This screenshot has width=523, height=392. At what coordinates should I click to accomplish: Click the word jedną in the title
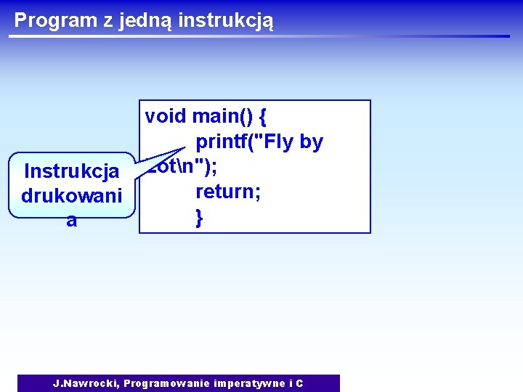click(x=138, y=20)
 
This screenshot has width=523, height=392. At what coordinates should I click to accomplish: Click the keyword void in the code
click(x=166, y=116)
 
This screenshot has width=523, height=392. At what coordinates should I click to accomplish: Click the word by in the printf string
click(x=310, y=142)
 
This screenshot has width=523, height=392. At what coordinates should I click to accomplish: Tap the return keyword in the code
click(x=224, y=192)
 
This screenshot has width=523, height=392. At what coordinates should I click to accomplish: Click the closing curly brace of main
click(x=198, y=216)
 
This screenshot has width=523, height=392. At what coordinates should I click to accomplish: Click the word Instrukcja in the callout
click(x=71, y=172)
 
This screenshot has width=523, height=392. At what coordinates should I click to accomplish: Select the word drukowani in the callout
click(x=71, y=196)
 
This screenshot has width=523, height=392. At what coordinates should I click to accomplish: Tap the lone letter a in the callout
click(x=71, y=221)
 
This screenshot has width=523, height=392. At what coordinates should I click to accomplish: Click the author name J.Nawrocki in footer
click(x=86, y=383)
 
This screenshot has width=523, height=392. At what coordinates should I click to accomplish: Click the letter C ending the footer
click(x=299, y=383)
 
